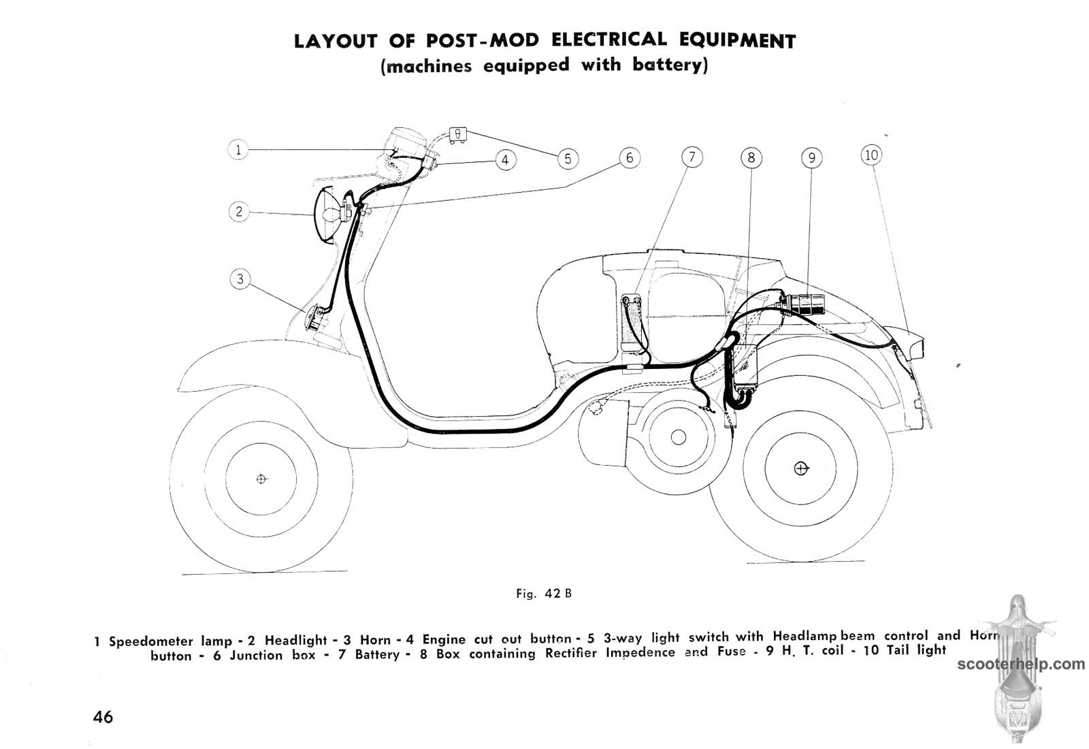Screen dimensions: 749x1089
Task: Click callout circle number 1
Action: (x=238, y=150)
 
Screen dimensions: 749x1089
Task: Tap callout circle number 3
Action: (x=240, y=279)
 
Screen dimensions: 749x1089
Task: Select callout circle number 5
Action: (x=567, y=159)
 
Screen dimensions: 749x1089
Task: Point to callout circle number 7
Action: (x=692, y=158)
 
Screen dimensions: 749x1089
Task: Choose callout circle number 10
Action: (x=871, y=155)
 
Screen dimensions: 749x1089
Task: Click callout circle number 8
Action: (x=751, y=158)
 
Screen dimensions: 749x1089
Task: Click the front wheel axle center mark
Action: (x=261, y=479)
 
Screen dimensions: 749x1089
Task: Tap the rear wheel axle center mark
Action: (x=801, y=468)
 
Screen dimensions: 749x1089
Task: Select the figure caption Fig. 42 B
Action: (x=544, y=593)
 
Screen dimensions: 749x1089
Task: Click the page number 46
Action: (x=103, y=716)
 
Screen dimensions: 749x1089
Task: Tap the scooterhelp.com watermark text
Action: (x=1021, y=664)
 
